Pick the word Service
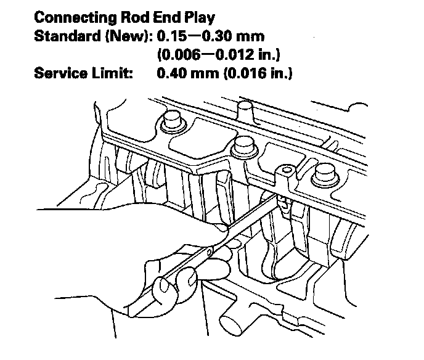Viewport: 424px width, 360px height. (x=59, y=75)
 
